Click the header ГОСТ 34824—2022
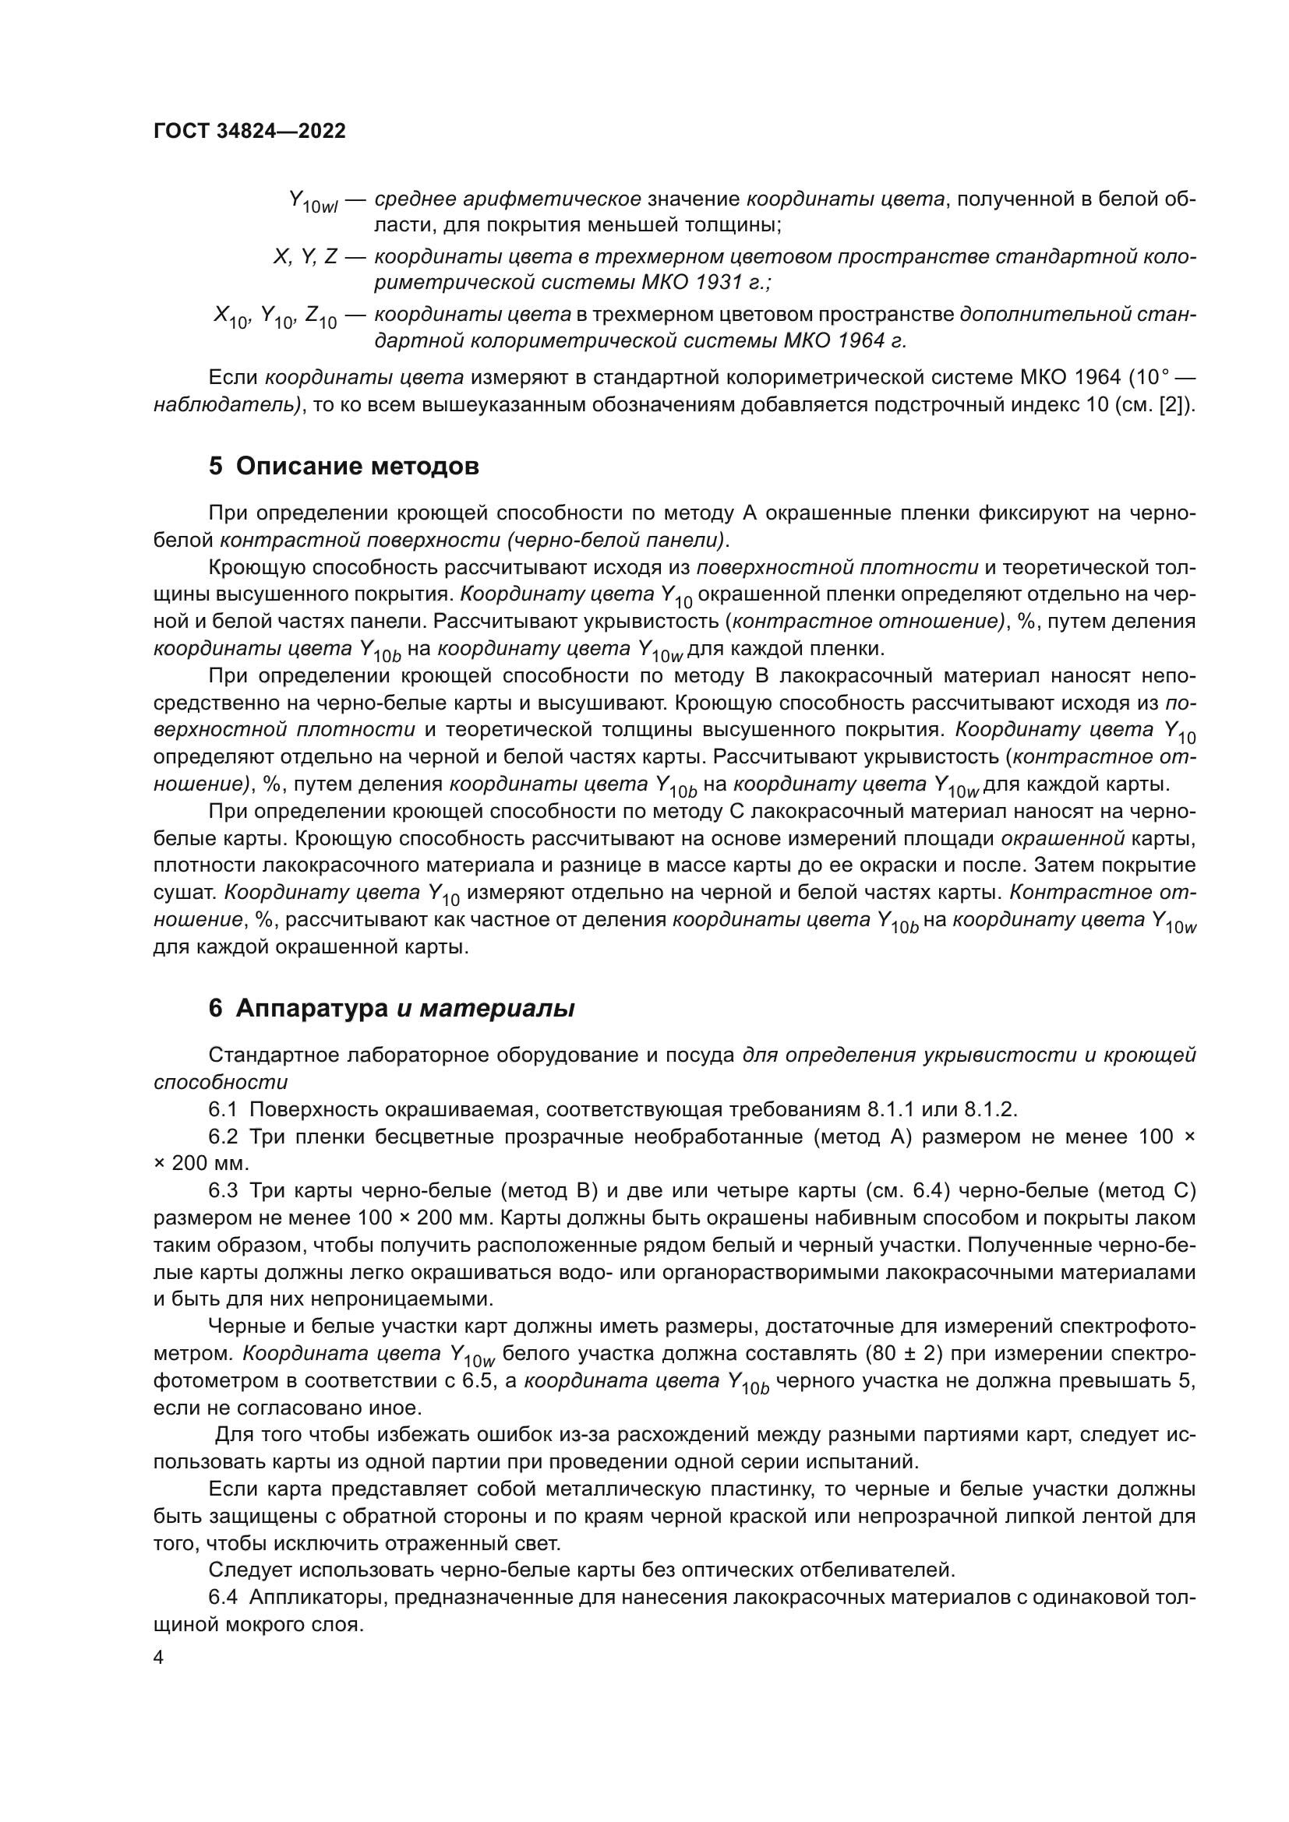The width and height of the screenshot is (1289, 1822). pos(249,132)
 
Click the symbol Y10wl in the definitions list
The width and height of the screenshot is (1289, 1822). pos(313,202)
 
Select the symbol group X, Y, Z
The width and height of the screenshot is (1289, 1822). pos(305,257)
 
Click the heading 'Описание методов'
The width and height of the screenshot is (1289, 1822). pos(357,467)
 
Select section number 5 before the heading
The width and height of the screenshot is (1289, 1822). pos(216,467)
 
